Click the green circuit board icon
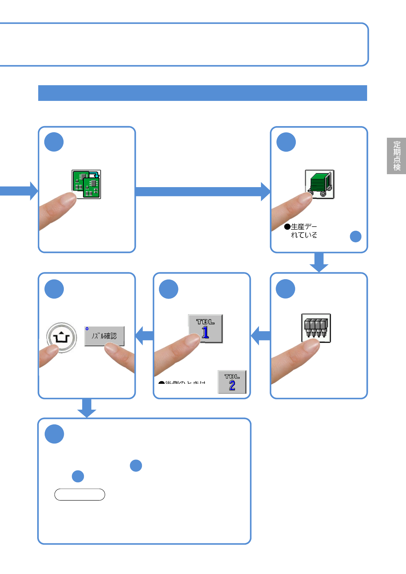pos(87,184)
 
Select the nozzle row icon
pos(316,328)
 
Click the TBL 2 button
pos(232,382)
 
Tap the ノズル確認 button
pos(104,336)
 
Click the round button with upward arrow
pos(61,337)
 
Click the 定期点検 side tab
pos(396,156)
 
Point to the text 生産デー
pos(304,227)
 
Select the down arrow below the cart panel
pos(319,262)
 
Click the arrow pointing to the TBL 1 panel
pos(261,336)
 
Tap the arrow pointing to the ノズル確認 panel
pos(145,336)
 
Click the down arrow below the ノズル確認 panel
pos(87,408)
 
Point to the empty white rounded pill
pos(79,495)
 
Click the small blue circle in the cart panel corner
pos(356,237)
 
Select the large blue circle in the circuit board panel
pos(54,142)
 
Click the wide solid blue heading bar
pos(203,93)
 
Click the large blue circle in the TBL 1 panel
pos(169,289)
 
